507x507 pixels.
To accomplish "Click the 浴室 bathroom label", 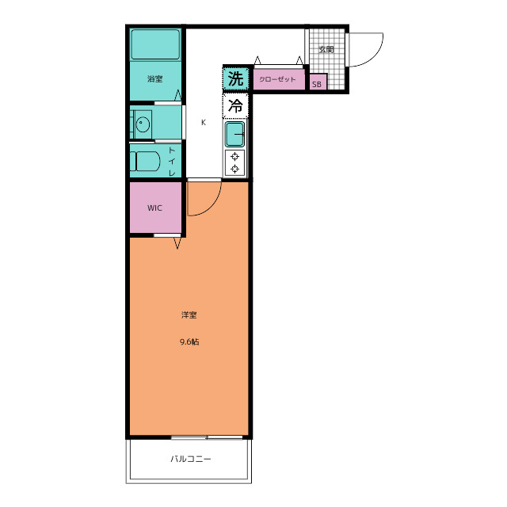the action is [155, 78].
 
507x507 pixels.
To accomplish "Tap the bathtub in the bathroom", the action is [155, 44].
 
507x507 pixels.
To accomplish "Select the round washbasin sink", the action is [143, 124].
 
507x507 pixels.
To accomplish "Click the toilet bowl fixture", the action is [145, 161].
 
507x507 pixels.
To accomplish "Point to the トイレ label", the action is [172, 162].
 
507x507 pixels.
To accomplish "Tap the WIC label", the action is [154, 208].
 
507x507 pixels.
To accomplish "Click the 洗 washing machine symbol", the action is [236, 78].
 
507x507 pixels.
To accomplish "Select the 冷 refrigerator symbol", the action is [235, 105].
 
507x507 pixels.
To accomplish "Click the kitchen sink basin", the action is [234, 134].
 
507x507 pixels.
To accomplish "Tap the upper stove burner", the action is [234, 157].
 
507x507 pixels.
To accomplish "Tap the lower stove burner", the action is [234, 169].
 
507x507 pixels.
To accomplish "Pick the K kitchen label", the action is [204, 122].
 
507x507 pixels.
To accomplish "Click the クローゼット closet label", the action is [277, 79].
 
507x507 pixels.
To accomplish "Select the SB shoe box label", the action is [317, 85].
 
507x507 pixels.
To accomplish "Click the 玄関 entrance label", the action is [326, 49].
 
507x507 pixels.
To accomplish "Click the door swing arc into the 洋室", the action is [212, 206].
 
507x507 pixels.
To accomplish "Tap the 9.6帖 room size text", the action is [189, 341].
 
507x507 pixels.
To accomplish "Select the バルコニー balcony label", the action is [191, 459].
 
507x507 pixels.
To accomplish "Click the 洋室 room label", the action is [189, 314].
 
